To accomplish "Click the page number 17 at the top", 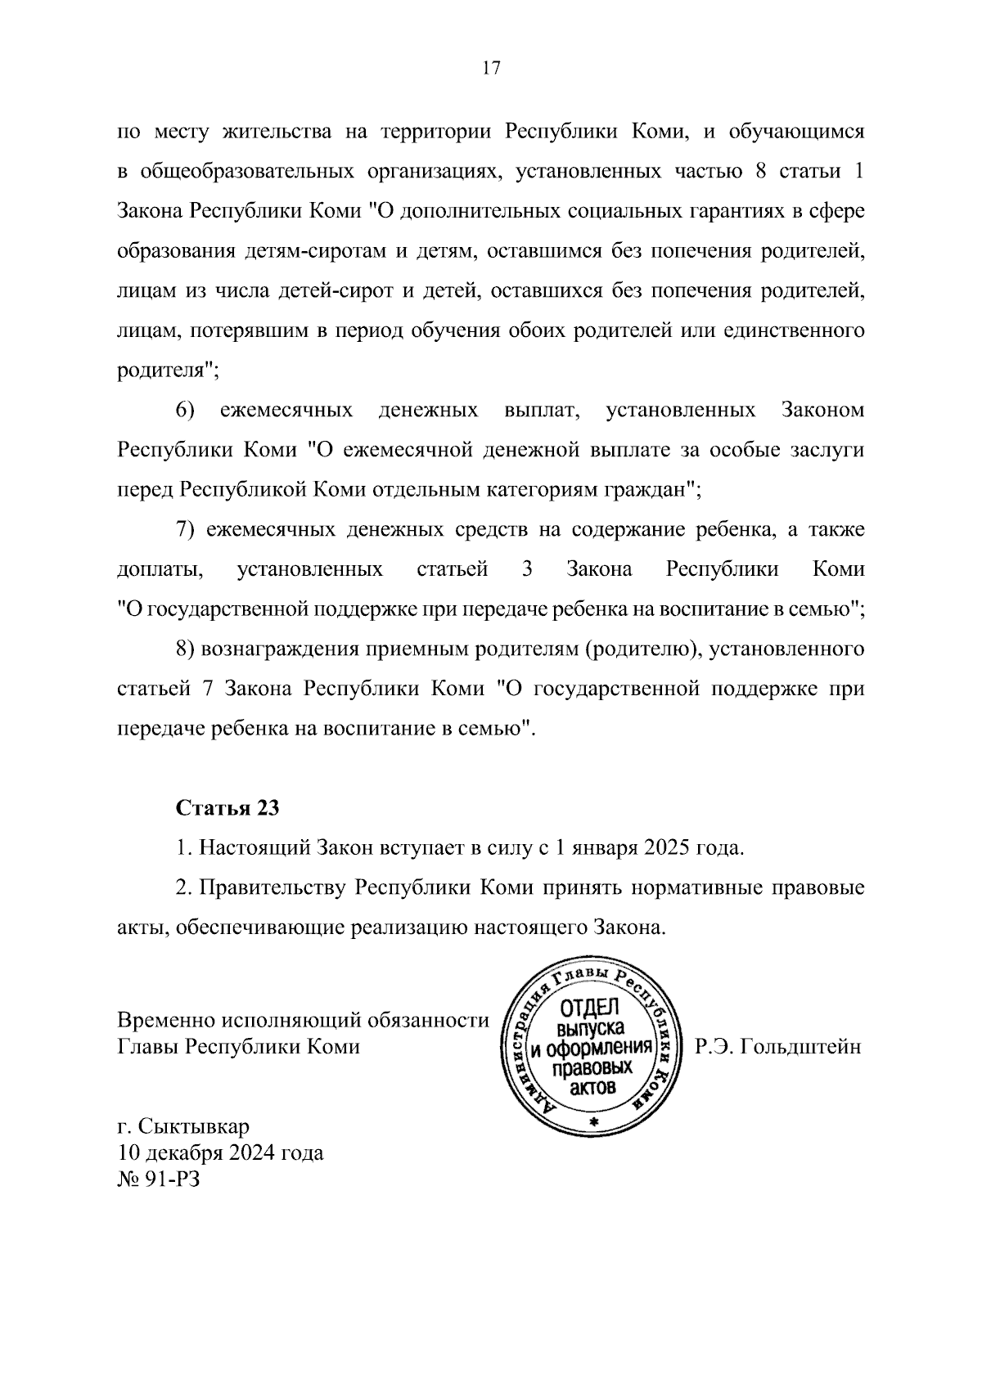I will (491, 69).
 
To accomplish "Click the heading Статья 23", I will (227, 808).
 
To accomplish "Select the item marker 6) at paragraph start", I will (184, 409).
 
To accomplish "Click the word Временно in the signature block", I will (165, 1020).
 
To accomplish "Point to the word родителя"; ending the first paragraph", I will (168, 370).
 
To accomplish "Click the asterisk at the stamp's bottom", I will (595, 1121).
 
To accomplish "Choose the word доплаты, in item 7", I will (160, 569).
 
